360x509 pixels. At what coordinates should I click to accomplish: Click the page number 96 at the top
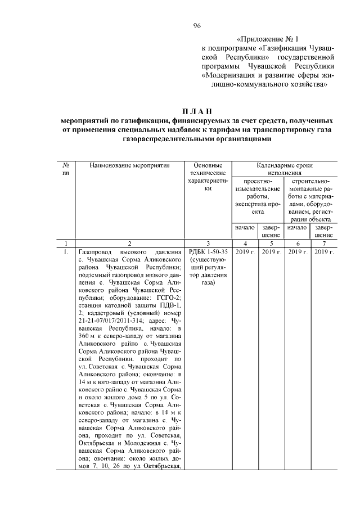pos(197,25)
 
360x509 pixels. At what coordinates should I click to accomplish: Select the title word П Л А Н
pos(197,110)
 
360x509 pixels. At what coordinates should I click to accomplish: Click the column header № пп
pos(66,169)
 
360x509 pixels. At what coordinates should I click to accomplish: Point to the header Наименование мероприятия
pos(129,166)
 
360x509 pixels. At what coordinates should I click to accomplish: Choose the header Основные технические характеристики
pos(208,178)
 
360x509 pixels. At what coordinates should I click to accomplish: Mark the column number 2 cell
pos(129,244)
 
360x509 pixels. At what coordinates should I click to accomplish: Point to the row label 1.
pos(66,252)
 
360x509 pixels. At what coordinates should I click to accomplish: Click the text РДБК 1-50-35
pos(208,252)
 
